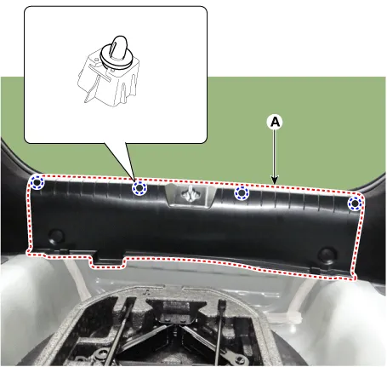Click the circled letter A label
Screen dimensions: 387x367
tap(275, 122)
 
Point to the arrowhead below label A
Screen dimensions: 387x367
tap(275, 181)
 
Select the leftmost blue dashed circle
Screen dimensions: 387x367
tap(37, 182)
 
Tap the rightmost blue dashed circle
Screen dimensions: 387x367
tap(355, 204)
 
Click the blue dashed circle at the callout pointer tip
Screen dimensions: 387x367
tap(139, 187)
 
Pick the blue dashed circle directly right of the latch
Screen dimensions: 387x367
tap(242, 193)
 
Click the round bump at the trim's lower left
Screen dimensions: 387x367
tap(56, 236)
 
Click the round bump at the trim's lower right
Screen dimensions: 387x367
tap(327, 255)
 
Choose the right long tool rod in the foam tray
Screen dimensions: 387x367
tap(219, 330)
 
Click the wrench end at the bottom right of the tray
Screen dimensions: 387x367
tap(237, 360)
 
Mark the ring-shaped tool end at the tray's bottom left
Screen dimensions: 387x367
tap(100, 354)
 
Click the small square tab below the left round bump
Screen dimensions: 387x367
tap(64, 250)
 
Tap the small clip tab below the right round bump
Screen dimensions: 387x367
tap(316, 270)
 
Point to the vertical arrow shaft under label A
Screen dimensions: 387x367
tap(275, 153)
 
